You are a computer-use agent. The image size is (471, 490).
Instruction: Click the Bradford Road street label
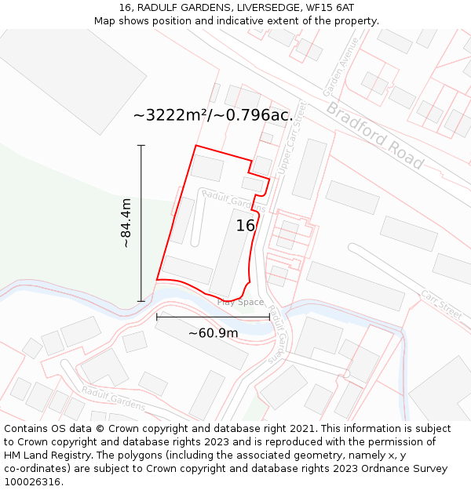[375, 135]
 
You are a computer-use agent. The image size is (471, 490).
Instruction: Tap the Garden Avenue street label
[339, 66]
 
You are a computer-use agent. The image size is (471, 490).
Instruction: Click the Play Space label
[240, 302]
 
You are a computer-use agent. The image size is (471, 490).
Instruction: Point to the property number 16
[246, 226]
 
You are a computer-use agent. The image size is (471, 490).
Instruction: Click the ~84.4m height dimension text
[126, 223]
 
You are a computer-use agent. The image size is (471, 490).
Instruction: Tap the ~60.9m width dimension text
[213, 333]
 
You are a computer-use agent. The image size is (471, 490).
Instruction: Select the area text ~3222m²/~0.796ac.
[213, 115]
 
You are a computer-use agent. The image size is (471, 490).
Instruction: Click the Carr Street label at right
[440, 303]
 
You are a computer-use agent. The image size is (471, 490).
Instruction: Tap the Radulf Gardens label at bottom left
[113, 398]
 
